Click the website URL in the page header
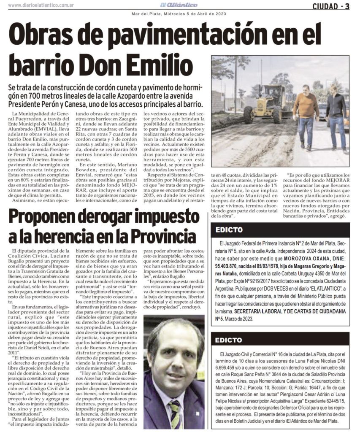tap(41, 5)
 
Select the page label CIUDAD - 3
tap(330, 5)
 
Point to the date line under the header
tap(179, 13)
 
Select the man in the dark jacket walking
tap(336, 114)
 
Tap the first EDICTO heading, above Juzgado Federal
tap(229, 230)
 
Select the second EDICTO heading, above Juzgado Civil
tap(229, 340)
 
